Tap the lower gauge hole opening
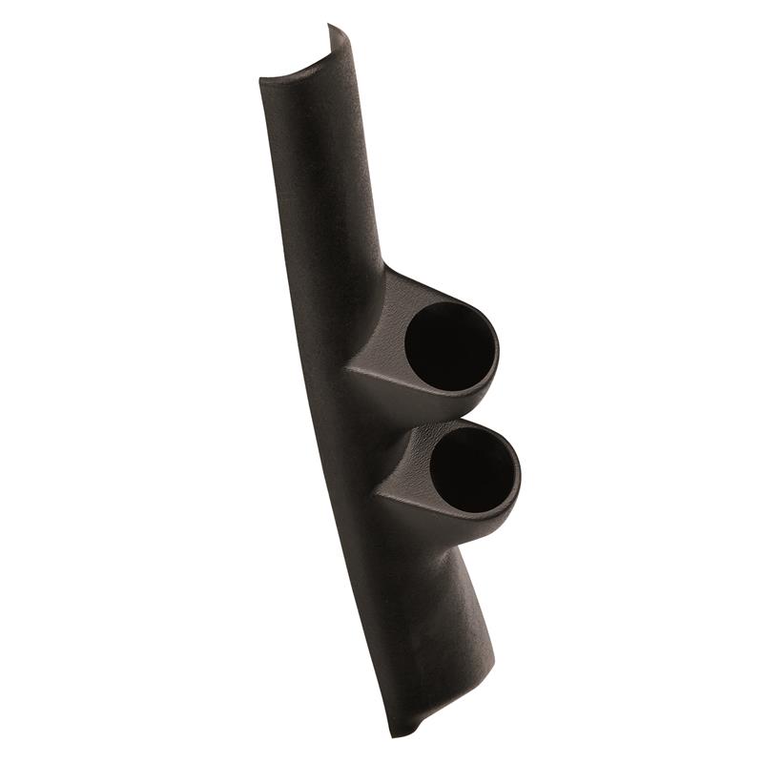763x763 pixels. pos(473,468)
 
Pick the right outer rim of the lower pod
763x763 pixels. pos(520,472)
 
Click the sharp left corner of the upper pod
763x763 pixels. pos(347,367)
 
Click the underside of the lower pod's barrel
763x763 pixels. pos(448,534)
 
